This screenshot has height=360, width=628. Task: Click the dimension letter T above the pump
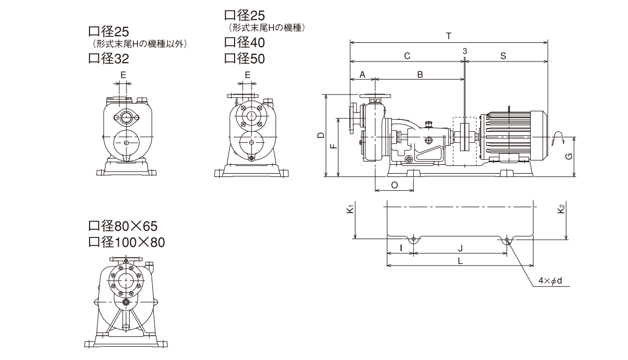click(449, 36)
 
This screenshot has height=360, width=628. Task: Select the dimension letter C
click(407, 56)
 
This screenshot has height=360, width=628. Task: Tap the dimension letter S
click(503, 56)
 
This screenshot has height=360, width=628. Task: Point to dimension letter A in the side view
click(363, 74)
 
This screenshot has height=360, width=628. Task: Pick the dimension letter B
click(420, 74)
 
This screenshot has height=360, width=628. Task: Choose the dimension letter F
click(332, 147)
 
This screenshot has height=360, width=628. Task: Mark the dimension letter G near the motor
click(569, 156)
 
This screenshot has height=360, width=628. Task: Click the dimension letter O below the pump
click(394, 185)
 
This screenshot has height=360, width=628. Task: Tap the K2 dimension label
click(561, 209)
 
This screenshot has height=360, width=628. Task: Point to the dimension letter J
click(461, 248)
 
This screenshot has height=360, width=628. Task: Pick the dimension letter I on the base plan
click(401, 248)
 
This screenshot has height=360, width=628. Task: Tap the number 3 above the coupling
click(465, 51)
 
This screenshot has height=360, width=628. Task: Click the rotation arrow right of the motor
click(559, 136)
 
